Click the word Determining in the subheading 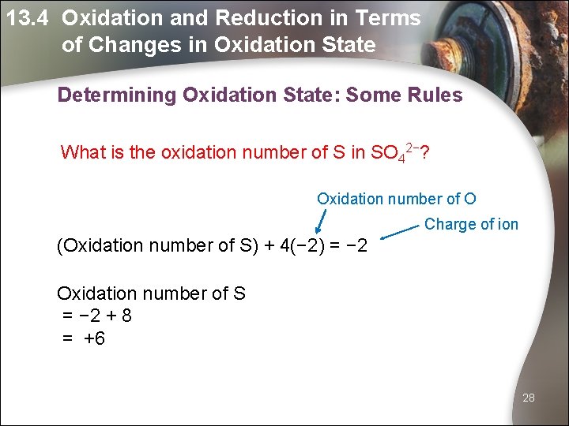tap(117, 95)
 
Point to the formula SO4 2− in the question tap(395, 152)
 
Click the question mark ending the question tap(425, 151)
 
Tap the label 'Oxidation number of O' tap(396, 199)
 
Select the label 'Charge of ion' tap(471, 224)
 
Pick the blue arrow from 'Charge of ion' tap(399, 231)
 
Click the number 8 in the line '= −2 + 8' tap(126, 316)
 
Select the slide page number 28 tap(529, 398)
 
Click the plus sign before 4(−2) tap(269, 245)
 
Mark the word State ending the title tap(349, 45)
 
